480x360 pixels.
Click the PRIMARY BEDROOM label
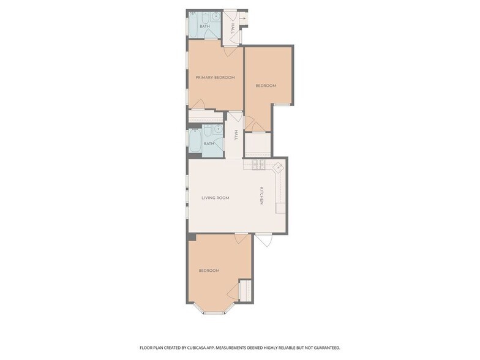(x=216, y=77)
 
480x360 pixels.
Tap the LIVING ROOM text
(x=216, y=198)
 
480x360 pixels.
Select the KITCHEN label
(x=261, y=196)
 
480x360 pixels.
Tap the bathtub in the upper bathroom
(x=195, y=23)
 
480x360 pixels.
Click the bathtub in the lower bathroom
(x=195, y=141)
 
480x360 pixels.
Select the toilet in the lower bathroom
(x=207, y=131)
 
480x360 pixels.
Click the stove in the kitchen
(x=258, y=165)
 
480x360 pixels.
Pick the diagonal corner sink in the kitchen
(x=278, y=168)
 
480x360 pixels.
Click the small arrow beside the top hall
(x=242, y=18)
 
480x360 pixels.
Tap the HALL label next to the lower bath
(x=236, y=135)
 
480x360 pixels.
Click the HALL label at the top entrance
(x=233, y=28)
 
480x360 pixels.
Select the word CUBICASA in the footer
(x=201, y=348)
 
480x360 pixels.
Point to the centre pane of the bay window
(x=214, y=313)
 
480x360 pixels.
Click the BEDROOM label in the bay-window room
(x=209, y=271)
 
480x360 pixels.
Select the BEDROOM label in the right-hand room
(x=266, y=86)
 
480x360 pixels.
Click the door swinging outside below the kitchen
(x=264, y=240)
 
